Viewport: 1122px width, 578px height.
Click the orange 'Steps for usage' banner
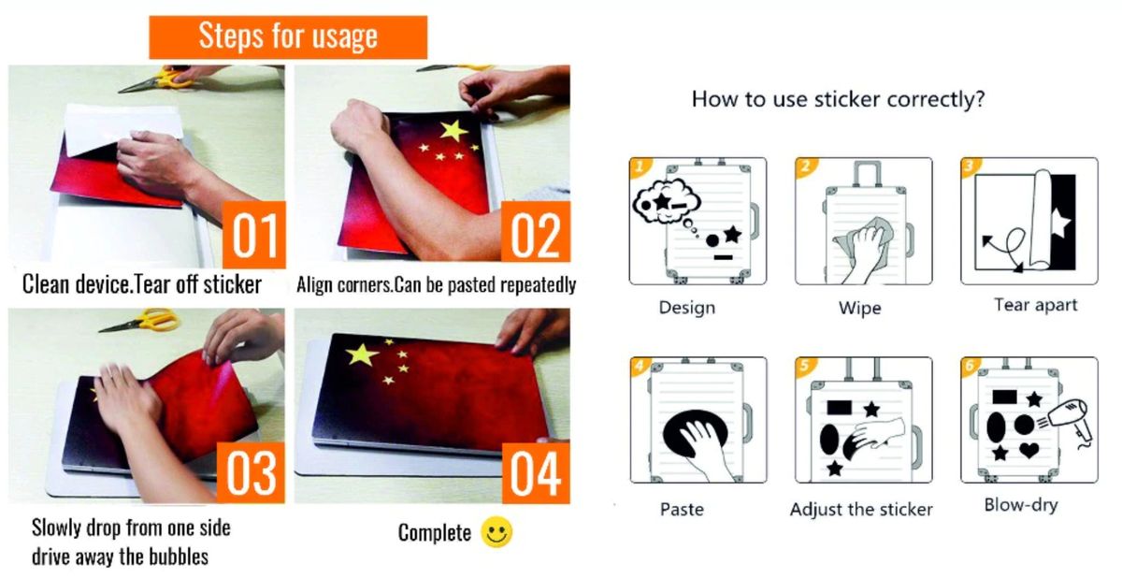point(288,37)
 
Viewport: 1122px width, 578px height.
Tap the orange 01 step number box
point(254,235)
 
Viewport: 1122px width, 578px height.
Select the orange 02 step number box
point(536,231)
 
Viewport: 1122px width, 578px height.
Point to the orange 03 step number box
point(251,472)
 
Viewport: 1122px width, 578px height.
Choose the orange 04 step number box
point(536,472)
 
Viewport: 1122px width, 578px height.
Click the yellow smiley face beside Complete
point(496,532)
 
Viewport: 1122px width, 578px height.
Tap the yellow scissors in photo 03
point(139,321)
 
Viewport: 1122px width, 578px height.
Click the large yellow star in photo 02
point(453,131)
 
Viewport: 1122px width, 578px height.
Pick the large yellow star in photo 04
point(362,354)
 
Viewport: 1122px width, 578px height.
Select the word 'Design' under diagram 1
point(686,307)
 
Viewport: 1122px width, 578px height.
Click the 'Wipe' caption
point(859,308)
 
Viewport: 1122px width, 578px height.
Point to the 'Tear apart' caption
point(1035,305)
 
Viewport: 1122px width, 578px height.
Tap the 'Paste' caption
point(682,510)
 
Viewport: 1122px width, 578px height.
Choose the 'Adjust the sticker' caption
point(861,510)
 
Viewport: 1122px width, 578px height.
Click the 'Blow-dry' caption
point(1021,505)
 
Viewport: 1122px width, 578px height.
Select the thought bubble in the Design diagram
point(666,201)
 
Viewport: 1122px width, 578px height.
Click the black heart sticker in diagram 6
point(1028,450)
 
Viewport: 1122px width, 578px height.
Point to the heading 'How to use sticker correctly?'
point(838,99)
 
